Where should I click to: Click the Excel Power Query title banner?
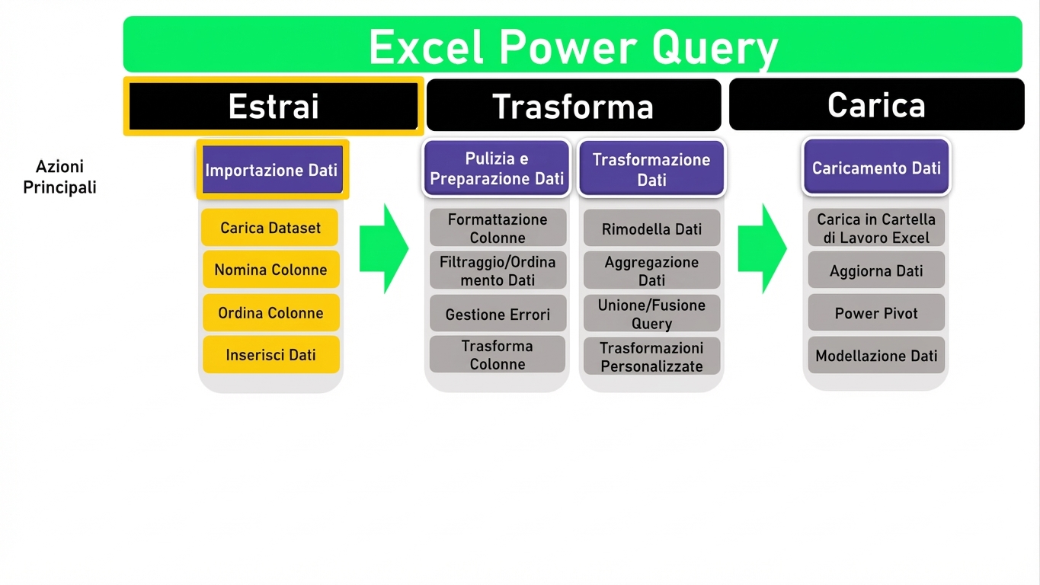click(572, 46)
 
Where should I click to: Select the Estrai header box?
click(274, 106)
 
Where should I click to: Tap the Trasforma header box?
click(573, 106)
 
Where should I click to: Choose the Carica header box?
click(876, 104)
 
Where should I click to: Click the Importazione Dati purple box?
click(272, 170)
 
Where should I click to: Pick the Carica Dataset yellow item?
click(270, 228)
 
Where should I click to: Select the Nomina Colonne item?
click(270, 270)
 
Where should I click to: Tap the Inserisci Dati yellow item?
click(270, 355)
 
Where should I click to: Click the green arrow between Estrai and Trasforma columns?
click(382, 248)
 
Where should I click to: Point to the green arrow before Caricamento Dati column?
click(761, 248)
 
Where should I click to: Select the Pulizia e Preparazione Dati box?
click(497, 169)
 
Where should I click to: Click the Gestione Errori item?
click(498, 314)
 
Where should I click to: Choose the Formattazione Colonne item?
click(498, 228)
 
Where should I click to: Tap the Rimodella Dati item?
click(651, 229)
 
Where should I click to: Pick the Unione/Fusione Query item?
click(651, 314)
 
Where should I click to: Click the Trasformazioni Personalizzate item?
click(651, 356)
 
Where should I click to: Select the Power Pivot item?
click(876, 313)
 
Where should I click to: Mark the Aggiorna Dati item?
click(876, 270)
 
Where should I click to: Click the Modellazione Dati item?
click(876, 356)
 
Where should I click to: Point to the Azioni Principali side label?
click(59, 177)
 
